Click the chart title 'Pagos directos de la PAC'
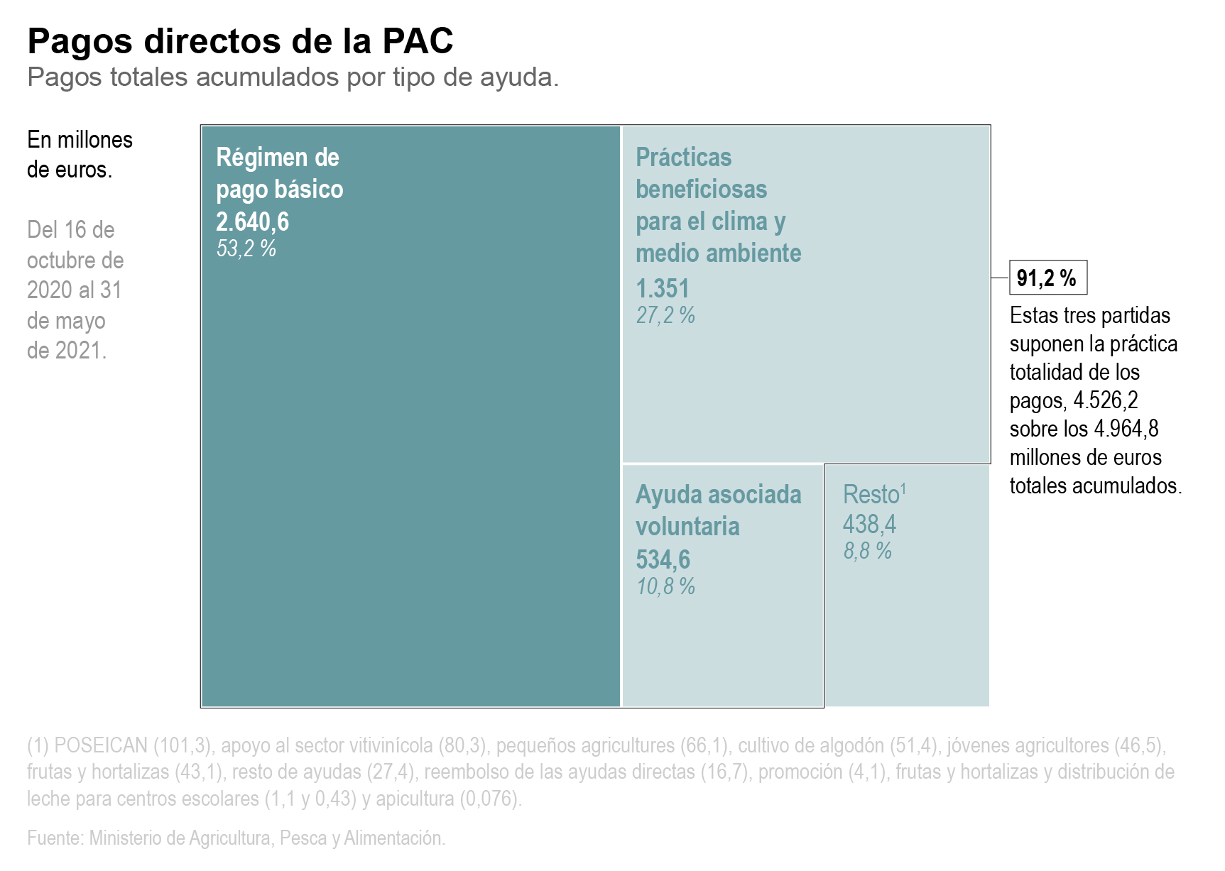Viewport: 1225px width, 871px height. [x=240, y=41]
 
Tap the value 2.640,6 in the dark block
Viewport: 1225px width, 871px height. [x=252, y=222]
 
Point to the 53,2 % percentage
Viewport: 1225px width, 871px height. [x=246, y=248]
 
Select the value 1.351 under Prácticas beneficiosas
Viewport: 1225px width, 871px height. [x=662, y=289]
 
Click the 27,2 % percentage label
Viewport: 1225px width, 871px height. [x=665, y=315]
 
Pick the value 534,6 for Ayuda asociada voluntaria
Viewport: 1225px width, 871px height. [x=662, y=560]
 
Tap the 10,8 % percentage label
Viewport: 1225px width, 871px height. [x=665, y=586]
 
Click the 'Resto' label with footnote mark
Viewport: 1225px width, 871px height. [x=873, y=494]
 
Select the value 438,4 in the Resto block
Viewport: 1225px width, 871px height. [x=869, y=525]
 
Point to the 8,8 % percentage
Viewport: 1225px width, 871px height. [x=867, y=551]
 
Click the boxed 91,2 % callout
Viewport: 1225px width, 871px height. [x=1047, y=278]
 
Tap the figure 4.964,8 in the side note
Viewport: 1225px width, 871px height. [x=1126, y=429]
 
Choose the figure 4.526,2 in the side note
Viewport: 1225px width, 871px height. [x=1105, y=400]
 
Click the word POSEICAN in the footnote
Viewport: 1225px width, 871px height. [x=101, y=745]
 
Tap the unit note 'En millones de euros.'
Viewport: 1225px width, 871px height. [x=80, y=154]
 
